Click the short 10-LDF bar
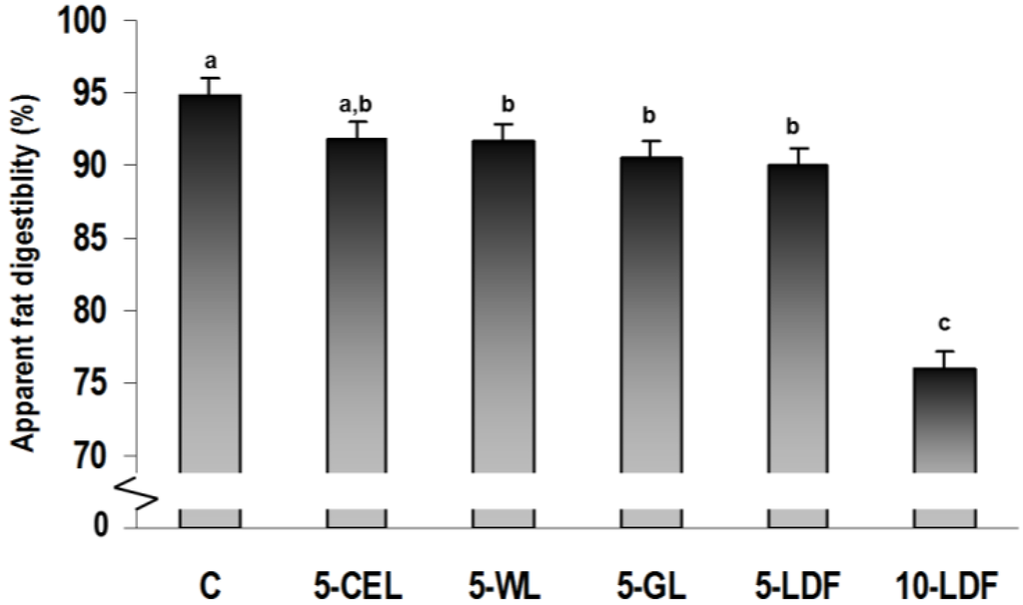(x=945, y=419)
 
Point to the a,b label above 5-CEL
(x=358, y=102)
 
